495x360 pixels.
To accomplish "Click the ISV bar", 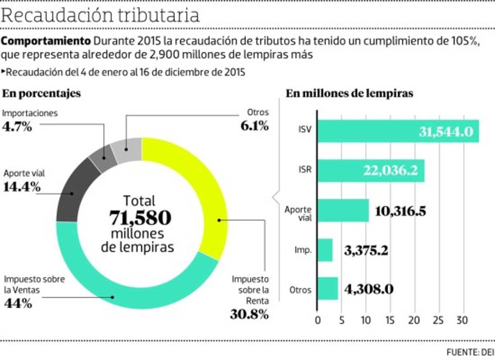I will (x=398, y=131).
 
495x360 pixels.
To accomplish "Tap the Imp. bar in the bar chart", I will (x=325, y=250).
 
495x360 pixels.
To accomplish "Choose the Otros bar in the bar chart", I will (x=328, y=288).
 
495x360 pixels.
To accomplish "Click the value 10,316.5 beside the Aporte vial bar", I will (x=400, y=211).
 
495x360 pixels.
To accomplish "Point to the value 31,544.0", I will (x=446, y=132).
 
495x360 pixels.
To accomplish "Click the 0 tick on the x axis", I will (x=318, y=320).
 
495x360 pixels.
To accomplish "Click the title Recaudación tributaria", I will (x=101, y=15).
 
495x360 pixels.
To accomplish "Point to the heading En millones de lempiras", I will (x=349, y=94).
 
